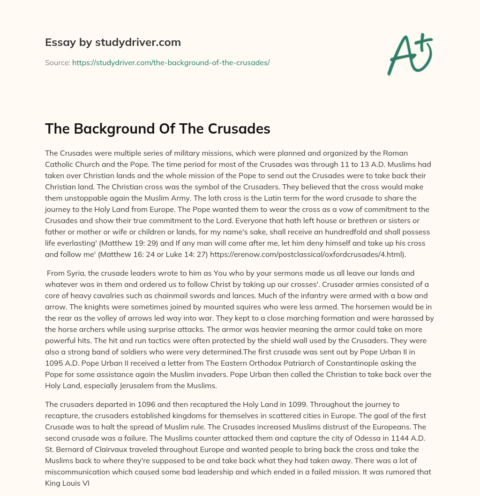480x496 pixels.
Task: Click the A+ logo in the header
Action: point(410,54)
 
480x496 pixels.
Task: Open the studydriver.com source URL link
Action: point(171,62)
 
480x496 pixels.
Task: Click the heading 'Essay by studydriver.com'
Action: point(113,42)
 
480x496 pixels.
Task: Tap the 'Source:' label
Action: point(57,62)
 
